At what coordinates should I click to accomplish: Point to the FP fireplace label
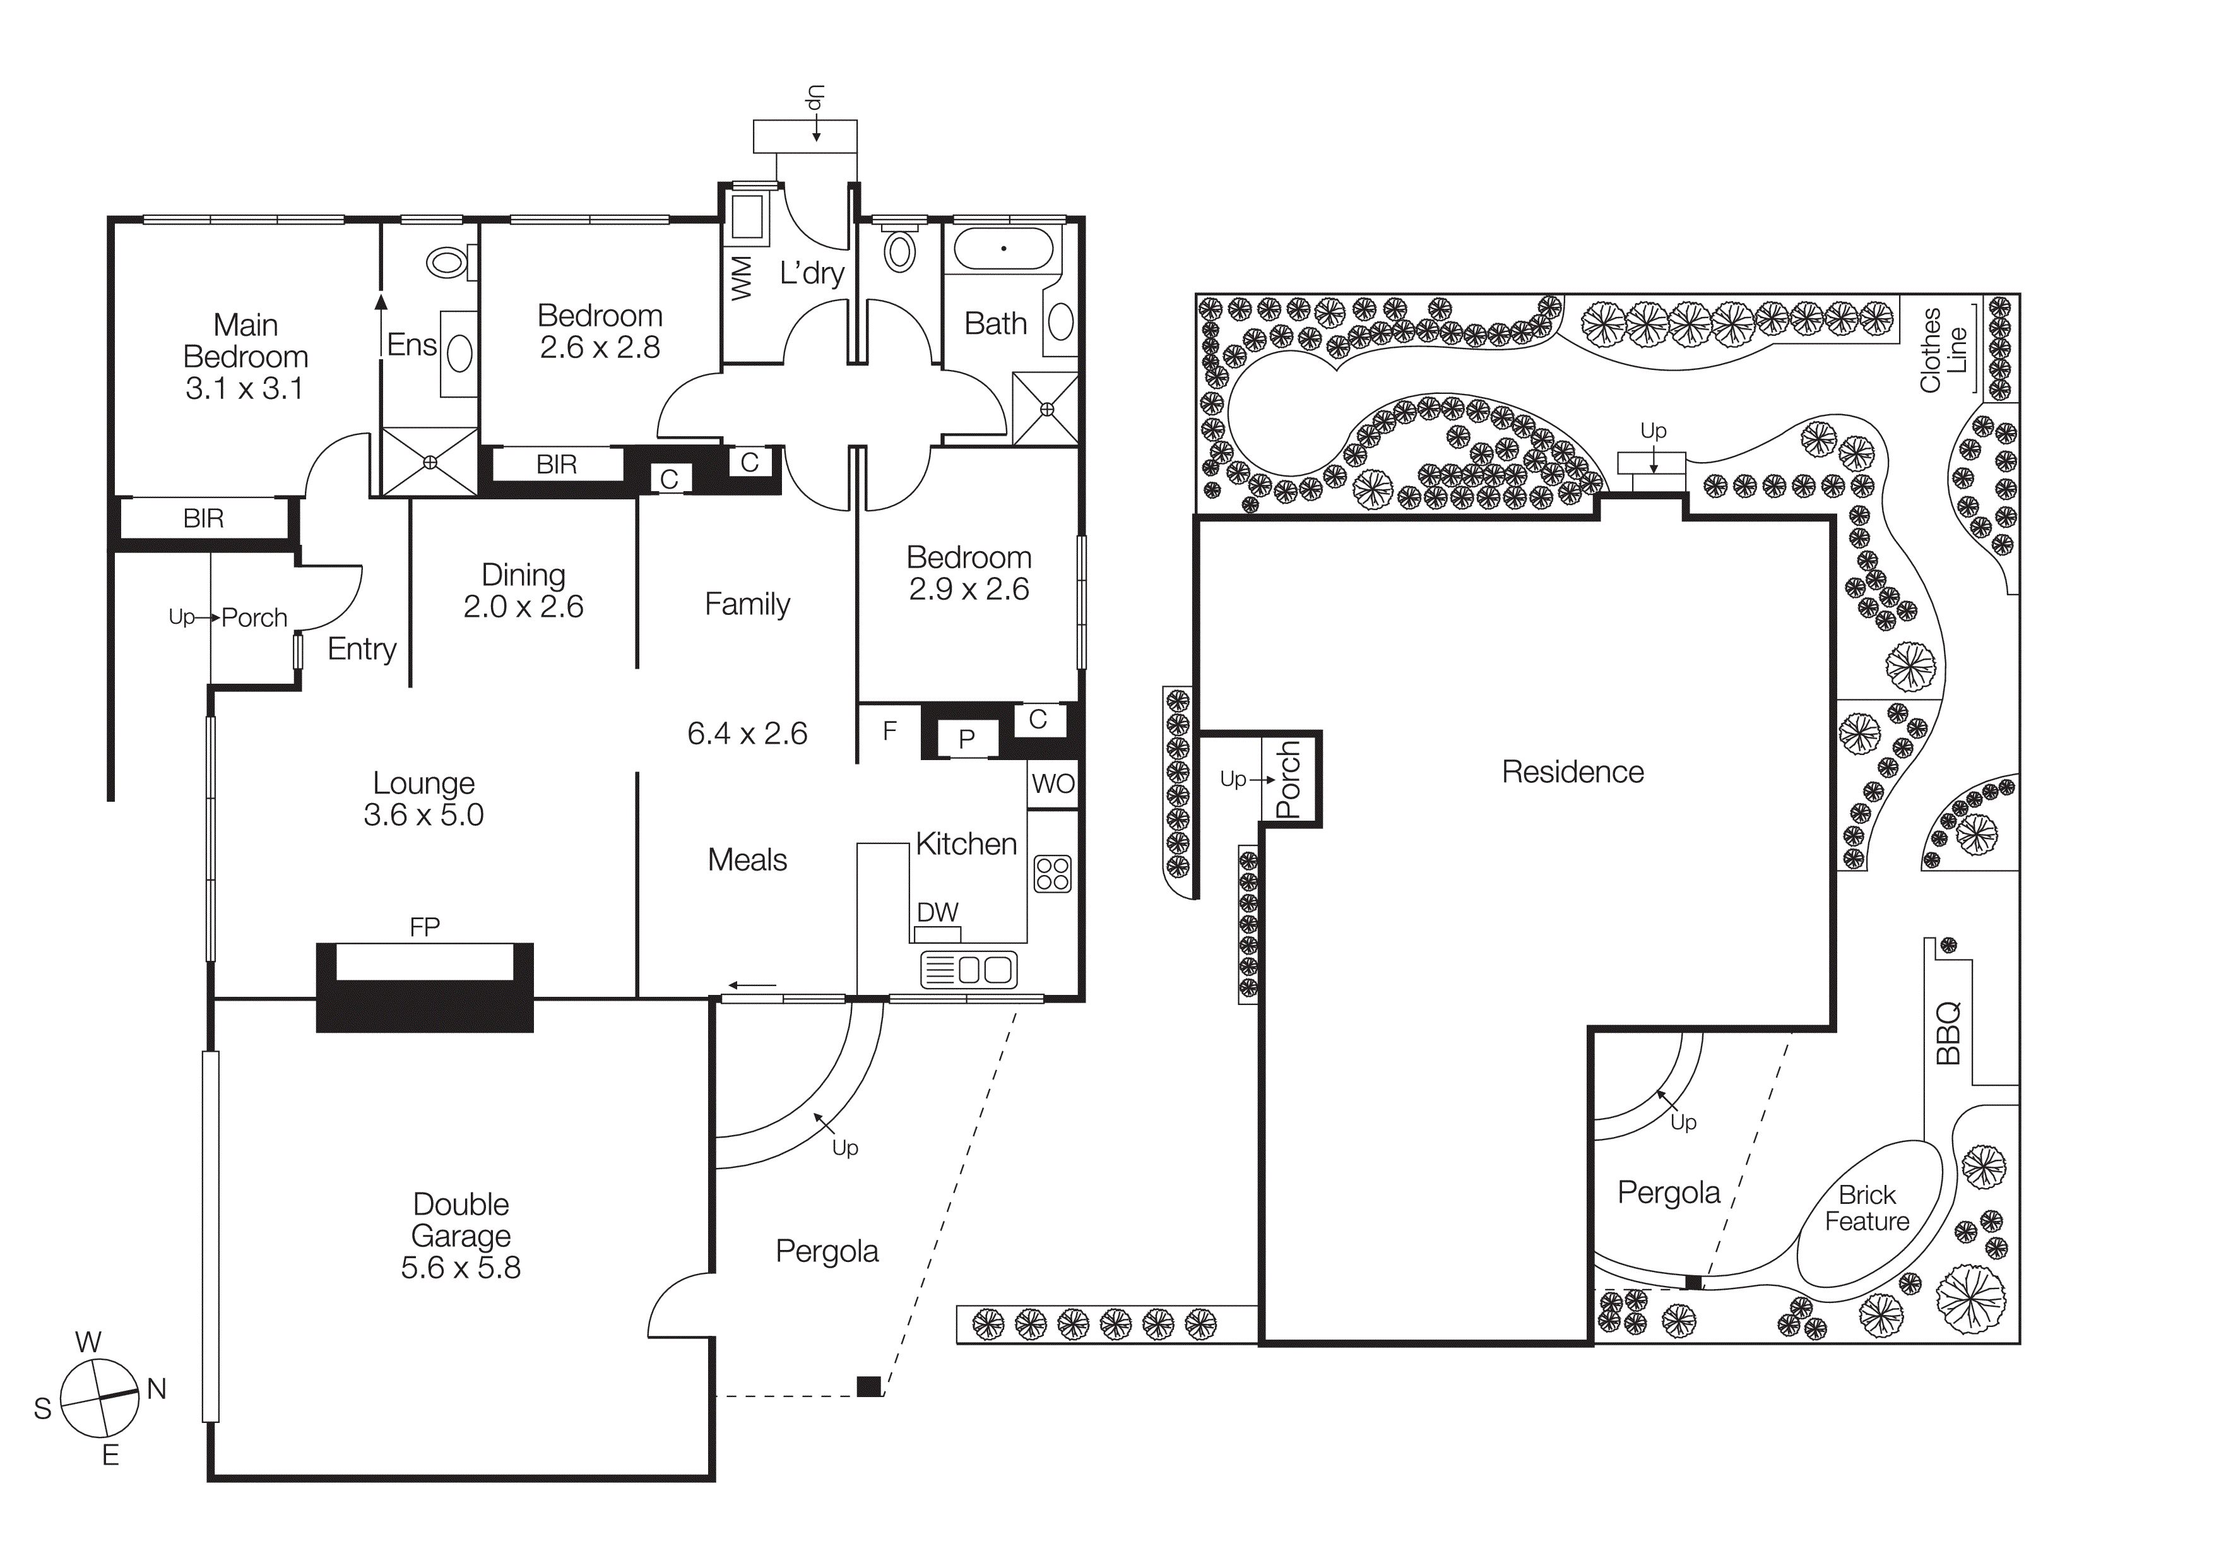click(424, 927)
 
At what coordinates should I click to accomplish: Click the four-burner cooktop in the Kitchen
click(1052, 874)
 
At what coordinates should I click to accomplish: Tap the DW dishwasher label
click(937, 912)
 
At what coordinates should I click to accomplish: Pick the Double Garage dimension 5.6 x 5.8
click(460, 1267)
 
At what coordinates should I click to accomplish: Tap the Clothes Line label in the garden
click(1942, 349)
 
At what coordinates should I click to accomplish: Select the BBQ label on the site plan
click(1948, 1033)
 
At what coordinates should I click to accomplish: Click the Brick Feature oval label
click(1867, 1208)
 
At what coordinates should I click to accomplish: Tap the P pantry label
click(966, 739)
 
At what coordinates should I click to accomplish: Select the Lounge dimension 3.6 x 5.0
click(423, 815)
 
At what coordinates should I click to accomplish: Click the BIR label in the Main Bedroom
click(203, 519)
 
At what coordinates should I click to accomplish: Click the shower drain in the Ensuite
click(430, 462)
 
